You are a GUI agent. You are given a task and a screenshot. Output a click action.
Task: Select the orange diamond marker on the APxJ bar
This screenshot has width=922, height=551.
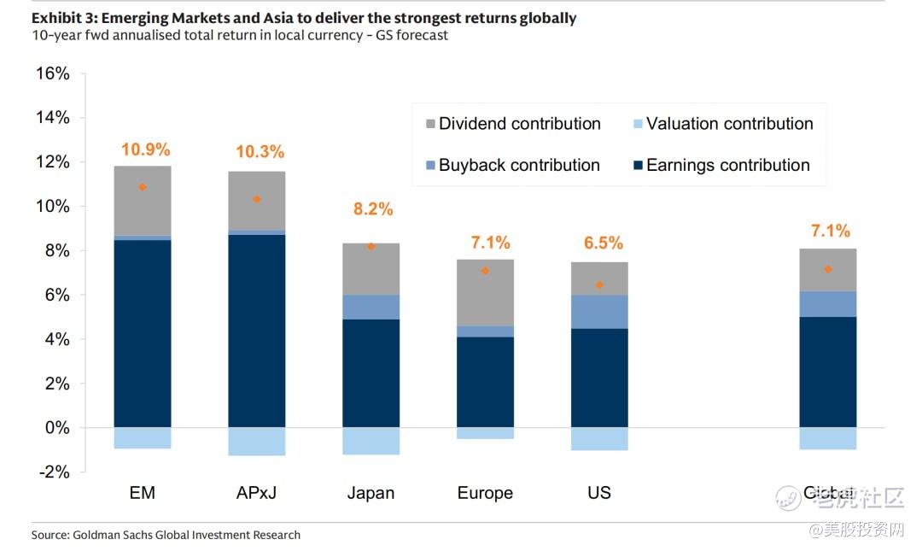256,199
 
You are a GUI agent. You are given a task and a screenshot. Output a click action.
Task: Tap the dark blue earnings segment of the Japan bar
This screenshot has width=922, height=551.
371,373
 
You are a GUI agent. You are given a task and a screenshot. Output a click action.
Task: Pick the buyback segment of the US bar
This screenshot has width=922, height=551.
599,312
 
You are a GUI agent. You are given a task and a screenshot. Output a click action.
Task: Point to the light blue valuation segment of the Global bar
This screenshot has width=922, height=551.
827,438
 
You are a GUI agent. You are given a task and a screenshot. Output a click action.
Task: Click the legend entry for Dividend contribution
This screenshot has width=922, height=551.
511,124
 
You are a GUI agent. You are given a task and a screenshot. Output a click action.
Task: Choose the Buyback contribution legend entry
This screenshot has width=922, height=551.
511,165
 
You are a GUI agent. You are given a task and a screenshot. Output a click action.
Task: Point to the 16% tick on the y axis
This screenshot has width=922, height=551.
53,73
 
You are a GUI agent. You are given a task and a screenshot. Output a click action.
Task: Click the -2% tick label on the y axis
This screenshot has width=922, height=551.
53,472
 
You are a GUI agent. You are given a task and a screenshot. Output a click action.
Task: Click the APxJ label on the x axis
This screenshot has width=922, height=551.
256,493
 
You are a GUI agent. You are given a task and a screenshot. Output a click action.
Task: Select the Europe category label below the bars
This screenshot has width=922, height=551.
485,493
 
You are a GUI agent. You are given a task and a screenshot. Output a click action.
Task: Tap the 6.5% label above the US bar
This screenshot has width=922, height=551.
604,243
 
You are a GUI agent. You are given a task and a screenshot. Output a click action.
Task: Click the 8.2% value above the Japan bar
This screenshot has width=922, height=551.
373,208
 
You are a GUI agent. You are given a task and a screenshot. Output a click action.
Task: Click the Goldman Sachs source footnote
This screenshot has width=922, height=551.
166,535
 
